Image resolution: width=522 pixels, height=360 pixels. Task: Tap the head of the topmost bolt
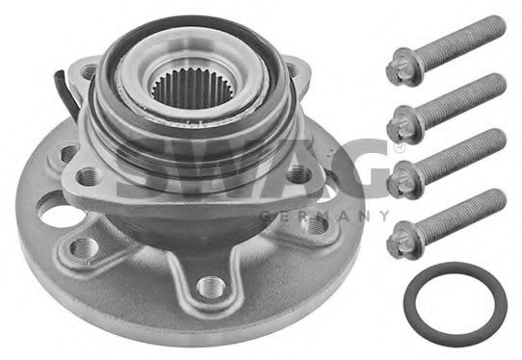pyautogui.click(x=403, y=67)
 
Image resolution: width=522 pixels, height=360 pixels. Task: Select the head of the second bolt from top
pyautogui.click(x=404, y=125)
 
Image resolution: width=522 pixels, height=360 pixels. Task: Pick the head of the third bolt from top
pyautogui.click(x=404, y=180)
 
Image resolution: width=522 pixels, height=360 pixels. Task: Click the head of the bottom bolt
pyautogui.click(x=404, y=240)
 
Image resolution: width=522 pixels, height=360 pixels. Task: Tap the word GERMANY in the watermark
pyautogui.click(x=324, y=217)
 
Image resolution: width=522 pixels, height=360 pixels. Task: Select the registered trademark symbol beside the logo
pyautogui.click(x=397, y=147)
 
